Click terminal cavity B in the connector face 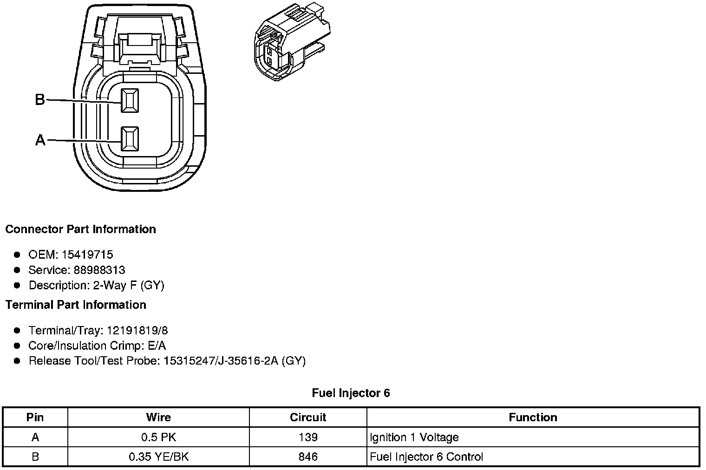click(129, 100)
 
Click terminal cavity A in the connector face click(129, 139)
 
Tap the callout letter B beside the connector click(40, 99)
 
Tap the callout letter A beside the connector click(40, 140)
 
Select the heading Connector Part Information click(80, 229)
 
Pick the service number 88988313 click(99, 270)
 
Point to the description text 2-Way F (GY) click(129, 285)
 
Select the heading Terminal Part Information click(76, 305)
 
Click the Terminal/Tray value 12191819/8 click(137, 330)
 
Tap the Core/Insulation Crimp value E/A click(156, 346)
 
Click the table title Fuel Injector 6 click(351, 393)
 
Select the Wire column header click(158, 417)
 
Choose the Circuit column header click(308, 417)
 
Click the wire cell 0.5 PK click(158, 437)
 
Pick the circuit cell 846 click(308, 457)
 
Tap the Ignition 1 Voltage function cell click(414, 437)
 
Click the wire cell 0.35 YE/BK click(158, 457)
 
